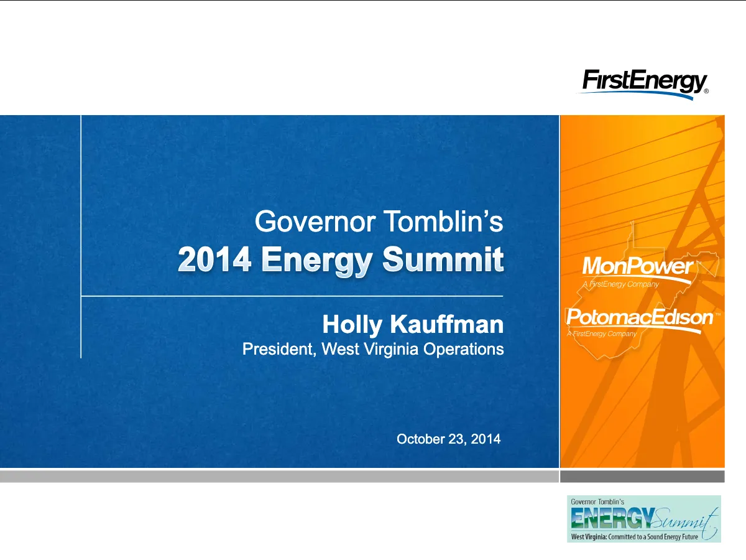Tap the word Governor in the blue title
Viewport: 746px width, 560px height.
click(x=315, y=222)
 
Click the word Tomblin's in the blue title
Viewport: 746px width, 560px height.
click(x=444, y=221)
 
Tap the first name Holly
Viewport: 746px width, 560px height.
click(x=352, y=325)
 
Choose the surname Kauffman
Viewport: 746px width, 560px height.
click(x=447, y=324)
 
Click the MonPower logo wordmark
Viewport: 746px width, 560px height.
click(x=638, y=266)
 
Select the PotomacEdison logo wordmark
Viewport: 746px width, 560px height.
click(x=640, y=317)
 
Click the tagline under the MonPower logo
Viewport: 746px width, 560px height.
click(x=621, y=284)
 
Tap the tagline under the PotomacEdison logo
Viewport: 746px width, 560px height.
click(x=602, y=334)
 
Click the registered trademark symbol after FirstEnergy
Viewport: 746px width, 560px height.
click(x=706, y=91)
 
